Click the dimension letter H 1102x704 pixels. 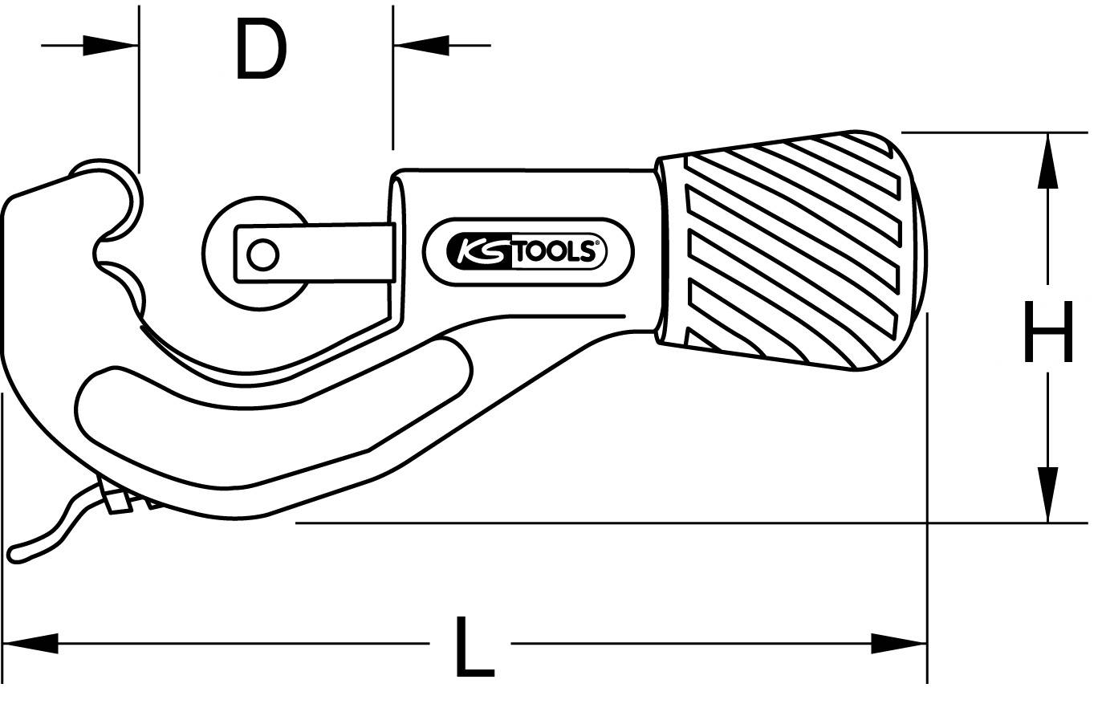tap(1047, 331)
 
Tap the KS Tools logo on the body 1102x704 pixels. tap(527, 251)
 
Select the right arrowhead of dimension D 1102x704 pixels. tap(421, 46)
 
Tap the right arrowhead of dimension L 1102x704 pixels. tap(899, 643)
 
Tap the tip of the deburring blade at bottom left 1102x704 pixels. tap(14, 553)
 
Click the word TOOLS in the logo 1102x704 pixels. tap(553, 252)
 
